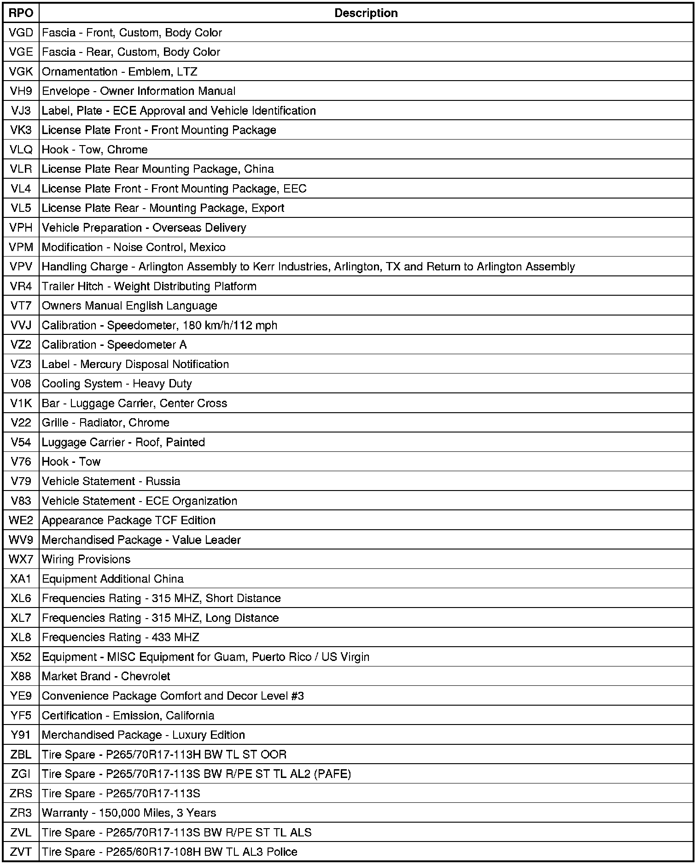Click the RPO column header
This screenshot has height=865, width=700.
[21, 13]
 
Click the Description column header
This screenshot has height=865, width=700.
[366, 13]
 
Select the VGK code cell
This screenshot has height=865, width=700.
[21, 71]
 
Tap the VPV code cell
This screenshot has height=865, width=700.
[21, 267]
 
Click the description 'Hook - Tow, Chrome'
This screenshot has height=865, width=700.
[94, 150]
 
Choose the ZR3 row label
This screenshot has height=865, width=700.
[21, 813]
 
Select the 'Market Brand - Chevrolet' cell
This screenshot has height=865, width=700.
[106, 676]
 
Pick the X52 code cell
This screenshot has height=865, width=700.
[21, 657]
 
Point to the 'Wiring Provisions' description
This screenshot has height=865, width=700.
[86, 559]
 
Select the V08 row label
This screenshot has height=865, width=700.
[21, 384]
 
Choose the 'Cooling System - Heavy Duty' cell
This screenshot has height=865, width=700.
[117, 384]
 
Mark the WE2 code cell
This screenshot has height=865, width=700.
[21, 520]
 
